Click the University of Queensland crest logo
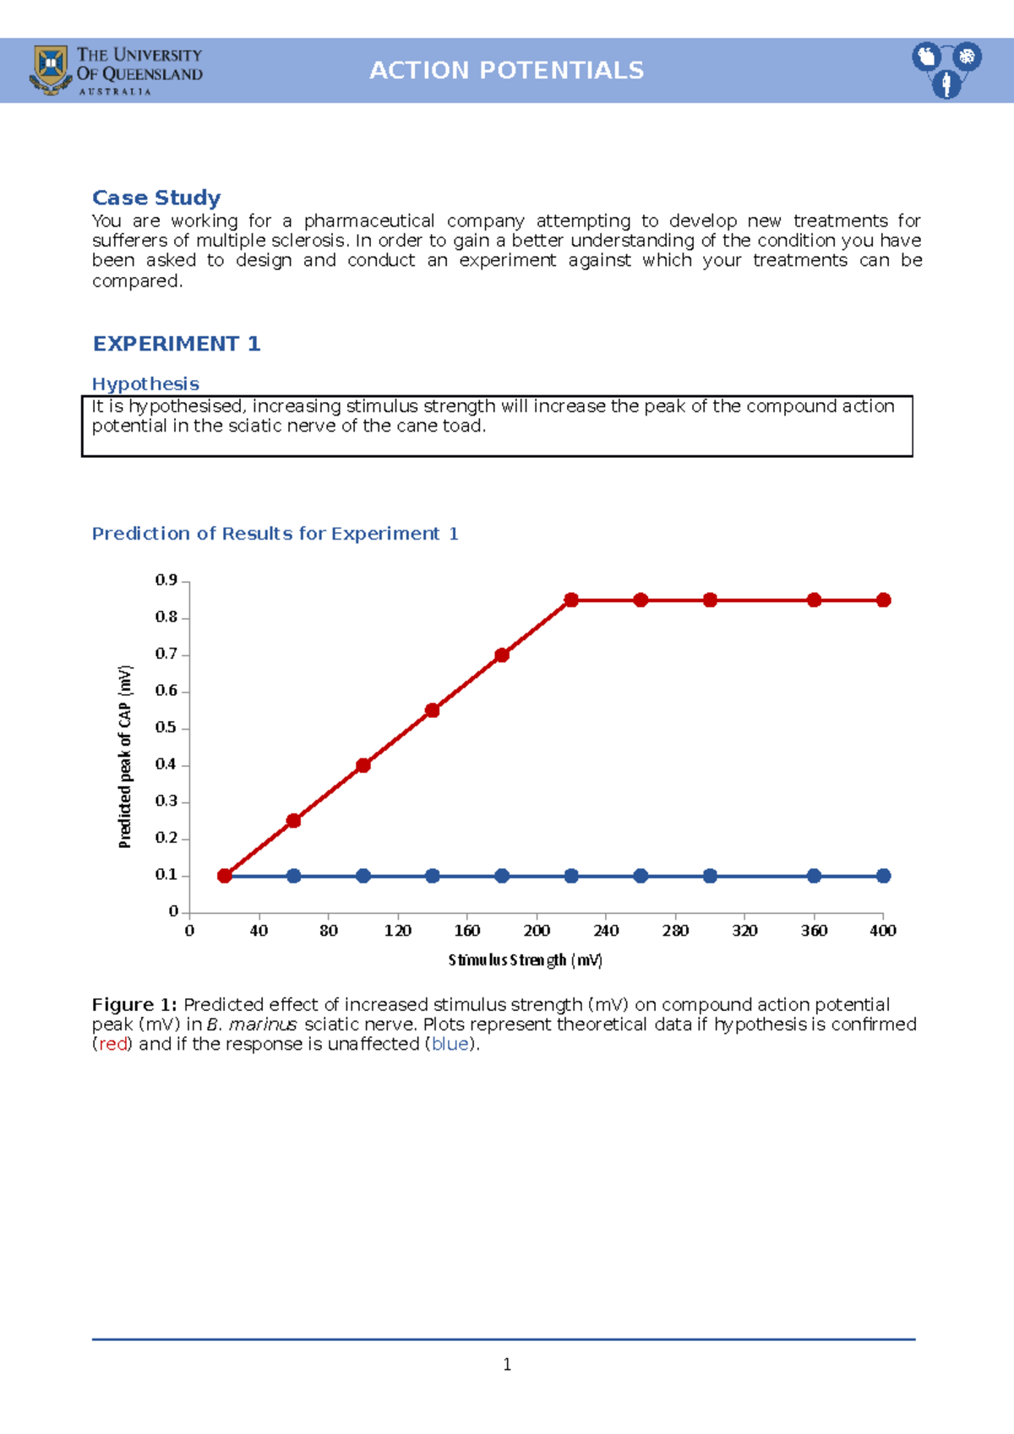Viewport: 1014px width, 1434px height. pyautogui.click(x=51, y=69)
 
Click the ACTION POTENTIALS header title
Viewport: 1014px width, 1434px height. pyautogui.click(x=506, y=70)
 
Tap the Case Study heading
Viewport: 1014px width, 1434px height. pyautogui.click(x=156, y=198)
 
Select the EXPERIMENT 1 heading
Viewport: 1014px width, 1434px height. pyautogui.click(x=176, y=344)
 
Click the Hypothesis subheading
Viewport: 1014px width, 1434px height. pyautogui.click(x=145, y=384)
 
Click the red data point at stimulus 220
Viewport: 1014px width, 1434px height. pyautogui.click(x=571, y=600)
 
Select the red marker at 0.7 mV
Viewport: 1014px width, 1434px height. pyautogui.click(x=502, y=655)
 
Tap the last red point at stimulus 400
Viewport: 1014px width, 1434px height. pyautogui.click(x=883, y=600)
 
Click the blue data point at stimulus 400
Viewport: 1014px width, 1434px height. pyautogui.click(x=883, y=876)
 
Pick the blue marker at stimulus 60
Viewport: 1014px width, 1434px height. pyautogui.click(x=294, y=876)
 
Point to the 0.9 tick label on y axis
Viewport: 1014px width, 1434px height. pyautogui.click(x=166, y=580)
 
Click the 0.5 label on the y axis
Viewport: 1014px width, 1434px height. pyautogui.click(x=166, y=727)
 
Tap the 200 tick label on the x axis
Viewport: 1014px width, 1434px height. pyautogui.click(x=537, y=931)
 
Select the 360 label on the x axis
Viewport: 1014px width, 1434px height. pyautogui.click(x=814, y=931)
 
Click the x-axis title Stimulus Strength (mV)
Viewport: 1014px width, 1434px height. pyautogui.click(x=525, y=960)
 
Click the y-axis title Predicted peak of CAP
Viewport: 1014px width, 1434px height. pyautogui.click(x=125, y=756)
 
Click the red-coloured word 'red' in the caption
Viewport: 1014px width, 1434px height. pyautogui.click(x=112, y=1045)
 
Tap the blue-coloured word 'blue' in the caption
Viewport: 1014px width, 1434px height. pyautogui.click(x=450, y=1045)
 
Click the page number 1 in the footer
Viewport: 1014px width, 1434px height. pyautogui.click(x=507, y=1365)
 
